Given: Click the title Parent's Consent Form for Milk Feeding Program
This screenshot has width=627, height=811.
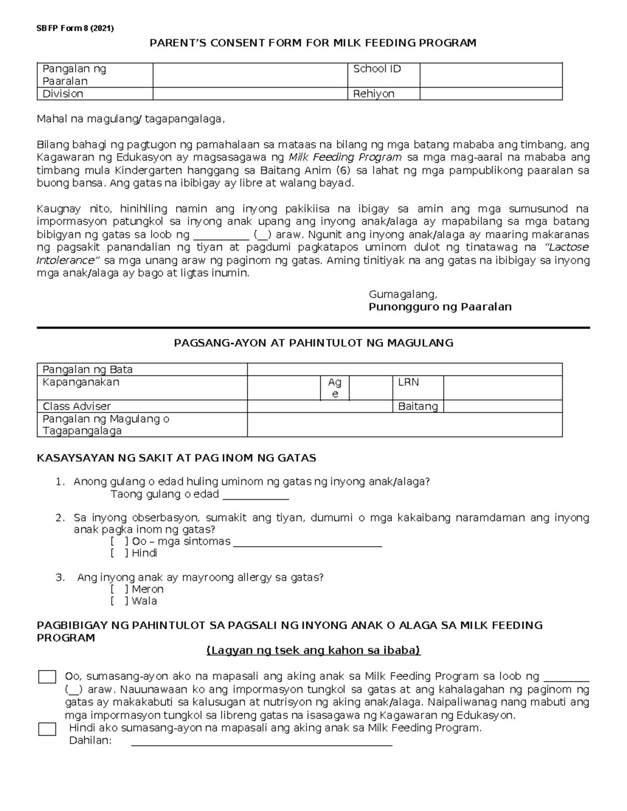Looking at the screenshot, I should point(313,43).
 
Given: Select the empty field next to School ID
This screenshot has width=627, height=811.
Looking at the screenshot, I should point(491,75).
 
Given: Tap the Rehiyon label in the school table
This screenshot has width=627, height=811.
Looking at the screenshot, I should point(374,93).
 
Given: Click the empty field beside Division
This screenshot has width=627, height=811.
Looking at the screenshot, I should point(250,93).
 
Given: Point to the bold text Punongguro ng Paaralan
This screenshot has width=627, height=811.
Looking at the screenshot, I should point(440,307).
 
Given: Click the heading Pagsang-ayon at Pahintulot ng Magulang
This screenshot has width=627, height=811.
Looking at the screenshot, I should point(313,343).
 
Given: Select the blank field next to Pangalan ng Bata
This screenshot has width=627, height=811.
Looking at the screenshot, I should point(404,369).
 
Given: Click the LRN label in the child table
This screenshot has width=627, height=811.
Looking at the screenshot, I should point(409,382).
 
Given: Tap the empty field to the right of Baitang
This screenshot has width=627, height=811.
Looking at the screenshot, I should point(503,406).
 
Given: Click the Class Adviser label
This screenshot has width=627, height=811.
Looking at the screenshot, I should point(77,406).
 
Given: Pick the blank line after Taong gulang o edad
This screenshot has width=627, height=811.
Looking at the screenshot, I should point(256,495).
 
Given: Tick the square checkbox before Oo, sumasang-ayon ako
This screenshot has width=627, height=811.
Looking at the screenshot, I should point(48,677).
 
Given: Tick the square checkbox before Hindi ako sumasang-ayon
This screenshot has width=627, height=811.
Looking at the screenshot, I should point(48,729).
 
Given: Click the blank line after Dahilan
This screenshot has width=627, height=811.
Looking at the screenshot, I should point(261,742).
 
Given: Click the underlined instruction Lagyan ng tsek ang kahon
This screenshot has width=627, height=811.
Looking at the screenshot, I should point(313,651).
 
